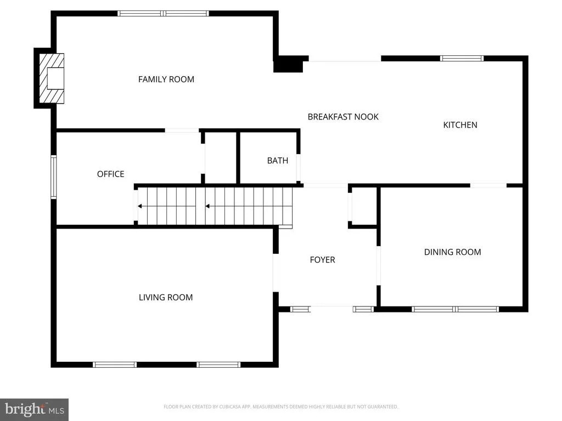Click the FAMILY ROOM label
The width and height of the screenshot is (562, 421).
point(166,79)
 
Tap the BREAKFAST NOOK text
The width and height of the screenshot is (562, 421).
point(343,117)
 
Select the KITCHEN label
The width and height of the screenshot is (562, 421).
point(460,125)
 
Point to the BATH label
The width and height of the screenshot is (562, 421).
point(277,161)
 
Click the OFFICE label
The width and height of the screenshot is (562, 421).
point(111,174)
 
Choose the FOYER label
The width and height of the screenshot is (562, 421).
point(322,259)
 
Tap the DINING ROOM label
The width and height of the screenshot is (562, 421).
point(452,252)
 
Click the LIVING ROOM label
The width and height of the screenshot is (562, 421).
point(166,297)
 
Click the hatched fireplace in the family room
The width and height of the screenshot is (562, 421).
point(52,78)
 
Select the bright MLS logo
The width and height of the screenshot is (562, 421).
point(35,409)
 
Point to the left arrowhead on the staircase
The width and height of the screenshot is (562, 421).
point(140,206)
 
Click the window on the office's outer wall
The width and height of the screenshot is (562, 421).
point(53,177)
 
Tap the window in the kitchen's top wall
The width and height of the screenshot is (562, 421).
point(462,58)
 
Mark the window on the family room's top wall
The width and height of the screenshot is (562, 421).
point(163,14)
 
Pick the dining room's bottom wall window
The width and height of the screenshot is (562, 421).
point(455,309)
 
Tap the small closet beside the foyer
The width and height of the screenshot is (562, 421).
point(364,206)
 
